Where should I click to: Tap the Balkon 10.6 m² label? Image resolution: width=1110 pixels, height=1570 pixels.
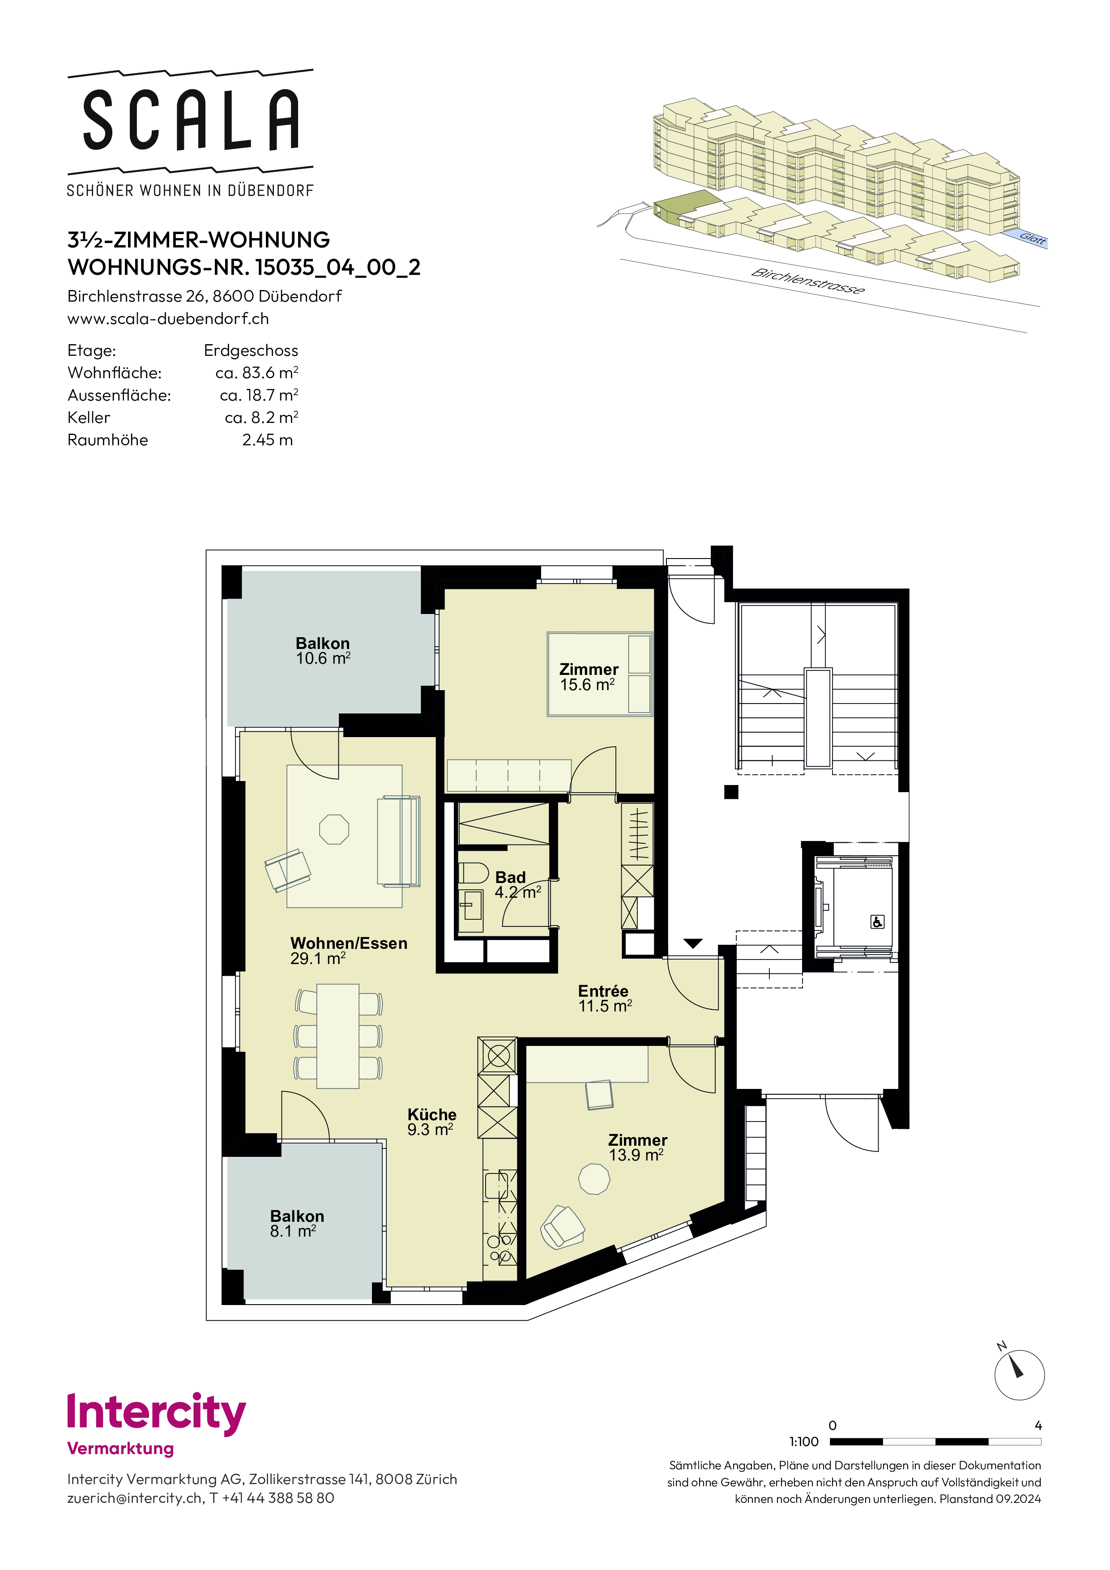(x=323, y=651)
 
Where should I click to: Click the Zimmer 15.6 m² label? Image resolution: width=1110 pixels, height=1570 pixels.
(x=589, y=677)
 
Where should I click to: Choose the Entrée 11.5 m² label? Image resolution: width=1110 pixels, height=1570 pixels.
(x=605, y=998)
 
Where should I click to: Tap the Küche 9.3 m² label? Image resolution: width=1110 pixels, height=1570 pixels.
(x=431, y=1122)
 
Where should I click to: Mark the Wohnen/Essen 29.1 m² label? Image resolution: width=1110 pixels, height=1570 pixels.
(x=349, y=951)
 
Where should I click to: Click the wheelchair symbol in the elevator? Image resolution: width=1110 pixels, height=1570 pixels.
(x=877, y=922)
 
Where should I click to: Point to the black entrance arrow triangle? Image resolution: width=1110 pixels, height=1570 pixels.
(x=693, y=943)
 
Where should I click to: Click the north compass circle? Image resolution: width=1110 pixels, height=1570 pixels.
(x=1019, y=1375)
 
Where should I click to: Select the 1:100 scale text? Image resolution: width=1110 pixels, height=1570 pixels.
(x=803, y=1442)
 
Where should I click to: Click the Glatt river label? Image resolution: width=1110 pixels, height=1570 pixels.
(x=1032, y=239)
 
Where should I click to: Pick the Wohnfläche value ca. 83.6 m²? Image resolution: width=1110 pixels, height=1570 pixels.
(x=256, y=373)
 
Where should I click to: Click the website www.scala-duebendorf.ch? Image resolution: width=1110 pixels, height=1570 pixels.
(x=168, y=319)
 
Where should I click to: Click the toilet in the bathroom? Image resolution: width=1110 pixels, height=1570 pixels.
(x=473, y=873)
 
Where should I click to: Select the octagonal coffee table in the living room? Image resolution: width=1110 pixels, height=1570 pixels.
(x=334, y=829)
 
